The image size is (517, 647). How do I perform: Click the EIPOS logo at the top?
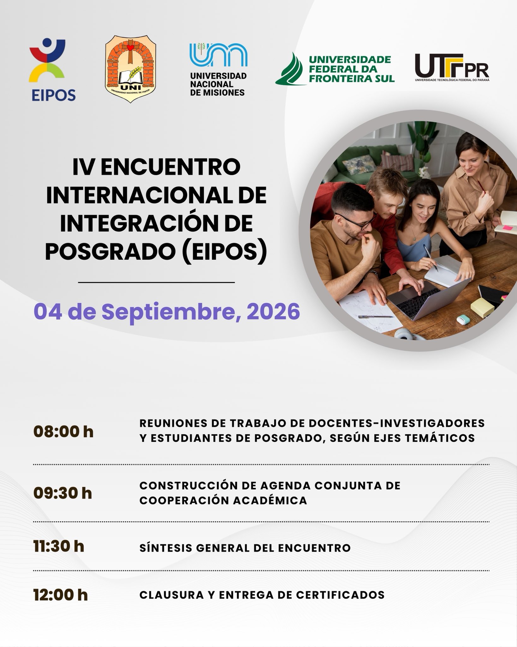click(x=52, y=70)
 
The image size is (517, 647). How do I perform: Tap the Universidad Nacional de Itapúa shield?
click(x=130, y=69)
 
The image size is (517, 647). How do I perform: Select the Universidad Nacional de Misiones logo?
click(x=218, y=70)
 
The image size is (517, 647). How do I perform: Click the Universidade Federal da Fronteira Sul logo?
click(x=335, y=69)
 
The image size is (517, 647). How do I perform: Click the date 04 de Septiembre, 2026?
click(x=167, y=311)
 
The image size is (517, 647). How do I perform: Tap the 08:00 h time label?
click(x=63, y=432)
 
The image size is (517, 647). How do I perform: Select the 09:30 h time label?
click(x=62, y=493)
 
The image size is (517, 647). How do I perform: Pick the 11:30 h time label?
click(x=59, y=546)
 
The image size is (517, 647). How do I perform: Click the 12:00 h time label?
click(x=60, y=595)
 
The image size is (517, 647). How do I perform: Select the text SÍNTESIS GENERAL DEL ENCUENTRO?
click(x=245, y=547)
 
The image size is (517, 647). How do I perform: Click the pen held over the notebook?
click(x=431, y=258)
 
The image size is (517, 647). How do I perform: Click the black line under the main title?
click(x=157, y=282)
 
